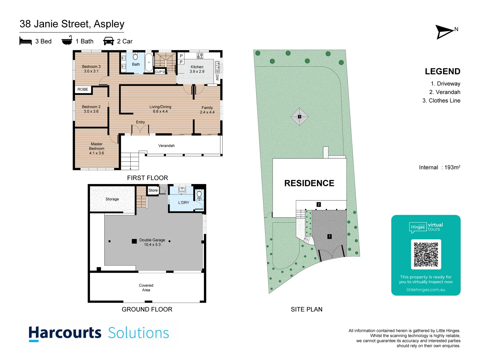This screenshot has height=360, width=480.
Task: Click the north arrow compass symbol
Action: coord(445,32)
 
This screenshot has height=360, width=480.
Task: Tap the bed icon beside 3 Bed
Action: coord(25,41)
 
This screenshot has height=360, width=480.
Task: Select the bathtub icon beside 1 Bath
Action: coord(67,40)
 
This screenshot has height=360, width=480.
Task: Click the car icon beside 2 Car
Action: coord(108,41)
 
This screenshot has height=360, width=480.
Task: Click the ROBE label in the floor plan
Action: coord(83,89)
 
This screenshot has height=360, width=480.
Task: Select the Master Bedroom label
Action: coord(97,149)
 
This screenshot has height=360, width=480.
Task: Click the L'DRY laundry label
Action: coord(184,202)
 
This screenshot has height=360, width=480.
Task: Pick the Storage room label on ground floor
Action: coord(112,199)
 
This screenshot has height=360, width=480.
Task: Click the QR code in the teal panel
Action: coord(426,254)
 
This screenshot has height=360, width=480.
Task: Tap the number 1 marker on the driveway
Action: coord(329,236)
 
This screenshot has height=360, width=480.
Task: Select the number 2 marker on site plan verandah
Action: coord(319,204)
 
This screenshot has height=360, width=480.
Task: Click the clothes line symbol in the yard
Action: coord(299,117)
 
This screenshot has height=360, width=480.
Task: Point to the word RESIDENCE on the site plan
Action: coord(309,183)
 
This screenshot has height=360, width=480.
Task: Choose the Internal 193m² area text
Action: coord(439,167)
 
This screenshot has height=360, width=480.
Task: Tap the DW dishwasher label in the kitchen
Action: coord(217,77)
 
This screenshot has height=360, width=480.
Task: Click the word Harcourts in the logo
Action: coord(65,333)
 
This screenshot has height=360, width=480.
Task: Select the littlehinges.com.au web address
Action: coord(426,290)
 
